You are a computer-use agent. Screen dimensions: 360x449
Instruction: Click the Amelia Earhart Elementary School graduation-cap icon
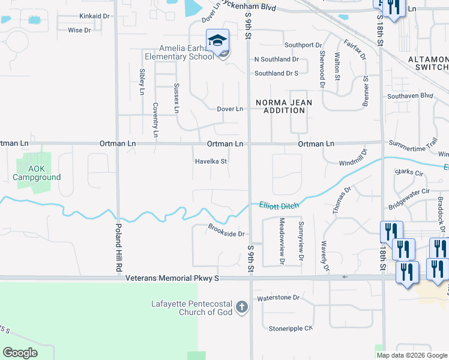[217, 41]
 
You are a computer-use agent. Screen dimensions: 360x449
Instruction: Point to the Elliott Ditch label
[279, 205]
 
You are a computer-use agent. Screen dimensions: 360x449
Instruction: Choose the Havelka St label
[210, 161]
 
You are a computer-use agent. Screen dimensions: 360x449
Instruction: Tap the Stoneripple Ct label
[291, 328]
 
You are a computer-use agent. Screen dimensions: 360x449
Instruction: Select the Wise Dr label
[79, 30]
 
